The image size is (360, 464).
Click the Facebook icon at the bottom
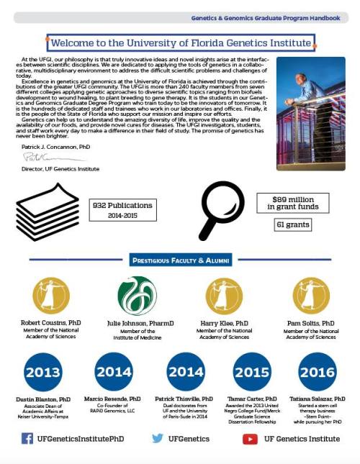coord(27,438)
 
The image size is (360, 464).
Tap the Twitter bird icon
coord(158,438)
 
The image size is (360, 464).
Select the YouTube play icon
coord(250,438)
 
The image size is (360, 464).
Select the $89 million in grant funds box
coord(293,202)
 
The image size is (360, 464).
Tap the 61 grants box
coord(292,225)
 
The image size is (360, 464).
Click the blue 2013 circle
coord(44,373)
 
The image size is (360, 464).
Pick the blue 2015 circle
coord(252,373)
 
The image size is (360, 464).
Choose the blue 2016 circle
coord(317,373)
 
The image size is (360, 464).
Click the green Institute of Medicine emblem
coord(137,296)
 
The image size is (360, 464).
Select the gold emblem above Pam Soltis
coord(311,296)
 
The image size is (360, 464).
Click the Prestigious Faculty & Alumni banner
coord(179,260)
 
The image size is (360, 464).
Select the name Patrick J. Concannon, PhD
coord(56,145)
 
